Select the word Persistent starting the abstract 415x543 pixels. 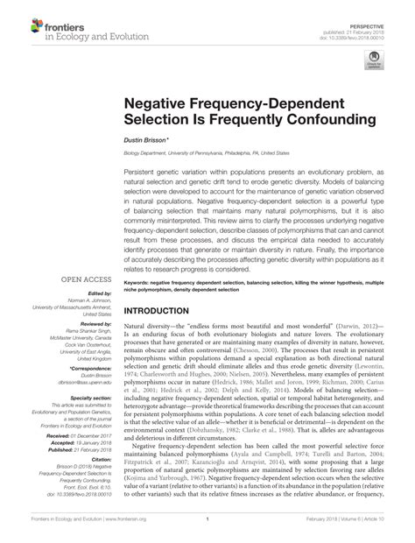click(142, 174)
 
